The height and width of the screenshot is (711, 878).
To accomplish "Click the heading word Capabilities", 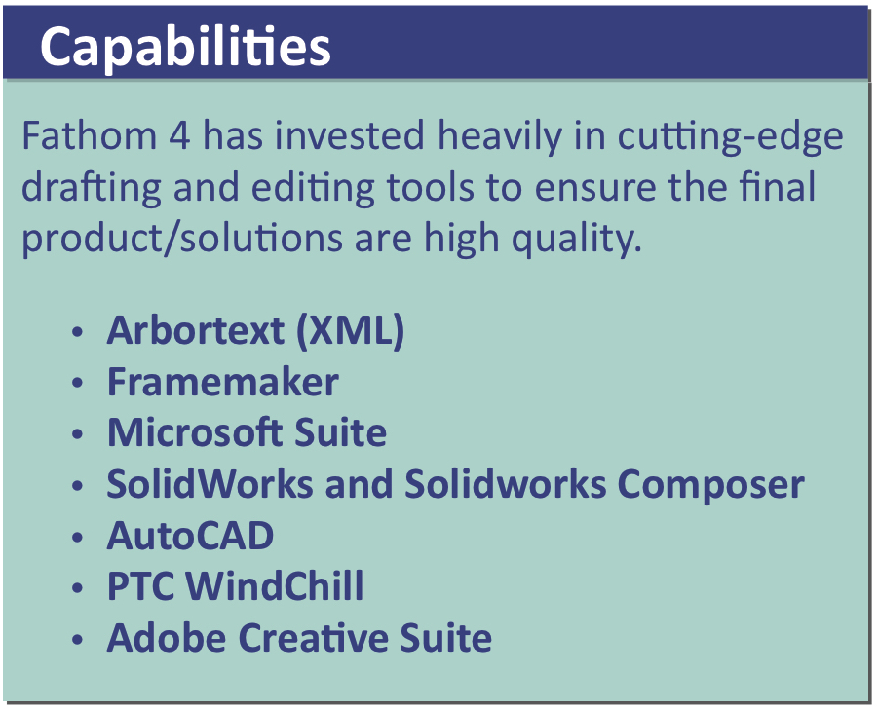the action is tap(185, 48).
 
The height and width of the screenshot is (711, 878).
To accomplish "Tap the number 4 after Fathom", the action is tap(179, 136).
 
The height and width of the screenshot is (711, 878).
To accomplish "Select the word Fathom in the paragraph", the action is tap(90, 135).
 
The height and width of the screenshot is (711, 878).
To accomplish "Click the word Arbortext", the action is tap(196, 330).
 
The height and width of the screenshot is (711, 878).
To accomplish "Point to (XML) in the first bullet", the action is tap(351, 331).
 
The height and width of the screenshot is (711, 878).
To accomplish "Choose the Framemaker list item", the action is tap(223, 382).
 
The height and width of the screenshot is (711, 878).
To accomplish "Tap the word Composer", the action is tap(710, 485).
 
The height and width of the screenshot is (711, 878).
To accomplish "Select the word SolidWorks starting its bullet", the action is tap(210, 483).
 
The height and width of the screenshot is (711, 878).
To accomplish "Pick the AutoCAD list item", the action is tap(190, 536).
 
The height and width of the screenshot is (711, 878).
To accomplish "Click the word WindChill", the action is tap(275, 585).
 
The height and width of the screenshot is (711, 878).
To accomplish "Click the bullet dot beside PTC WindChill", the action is tap(77, 588).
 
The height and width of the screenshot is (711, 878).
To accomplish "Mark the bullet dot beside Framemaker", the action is tap(77, 383).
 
